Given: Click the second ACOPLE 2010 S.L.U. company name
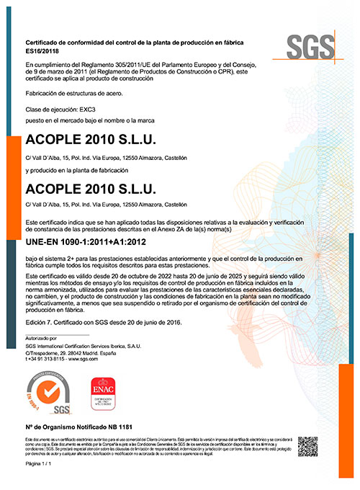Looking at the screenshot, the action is coord(90,189).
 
